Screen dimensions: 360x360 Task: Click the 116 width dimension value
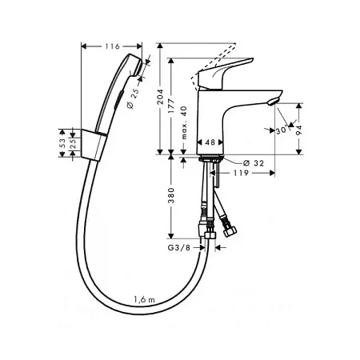tap(112, 46)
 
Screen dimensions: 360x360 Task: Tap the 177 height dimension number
tap(171, 106)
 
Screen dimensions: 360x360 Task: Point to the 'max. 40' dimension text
tap(184, 122)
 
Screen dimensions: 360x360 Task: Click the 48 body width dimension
tap(210, 142)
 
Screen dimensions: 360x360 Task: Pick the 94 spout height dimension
tap(299, 130)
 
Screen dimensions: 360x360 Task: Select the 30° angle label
tap(282, 130)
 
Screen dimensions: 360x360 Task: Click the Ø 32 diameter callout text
tap(254, 163)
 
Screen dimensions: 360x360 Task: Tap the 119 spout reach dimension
tap(241, 173)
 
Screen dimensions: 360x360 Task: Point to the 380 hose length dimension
tap(171, 195)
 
